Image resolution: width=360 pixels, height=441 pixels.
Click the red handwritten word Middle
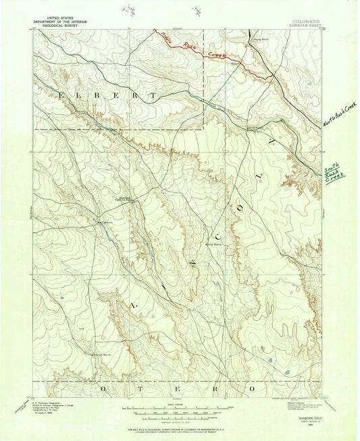point(165,38)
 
